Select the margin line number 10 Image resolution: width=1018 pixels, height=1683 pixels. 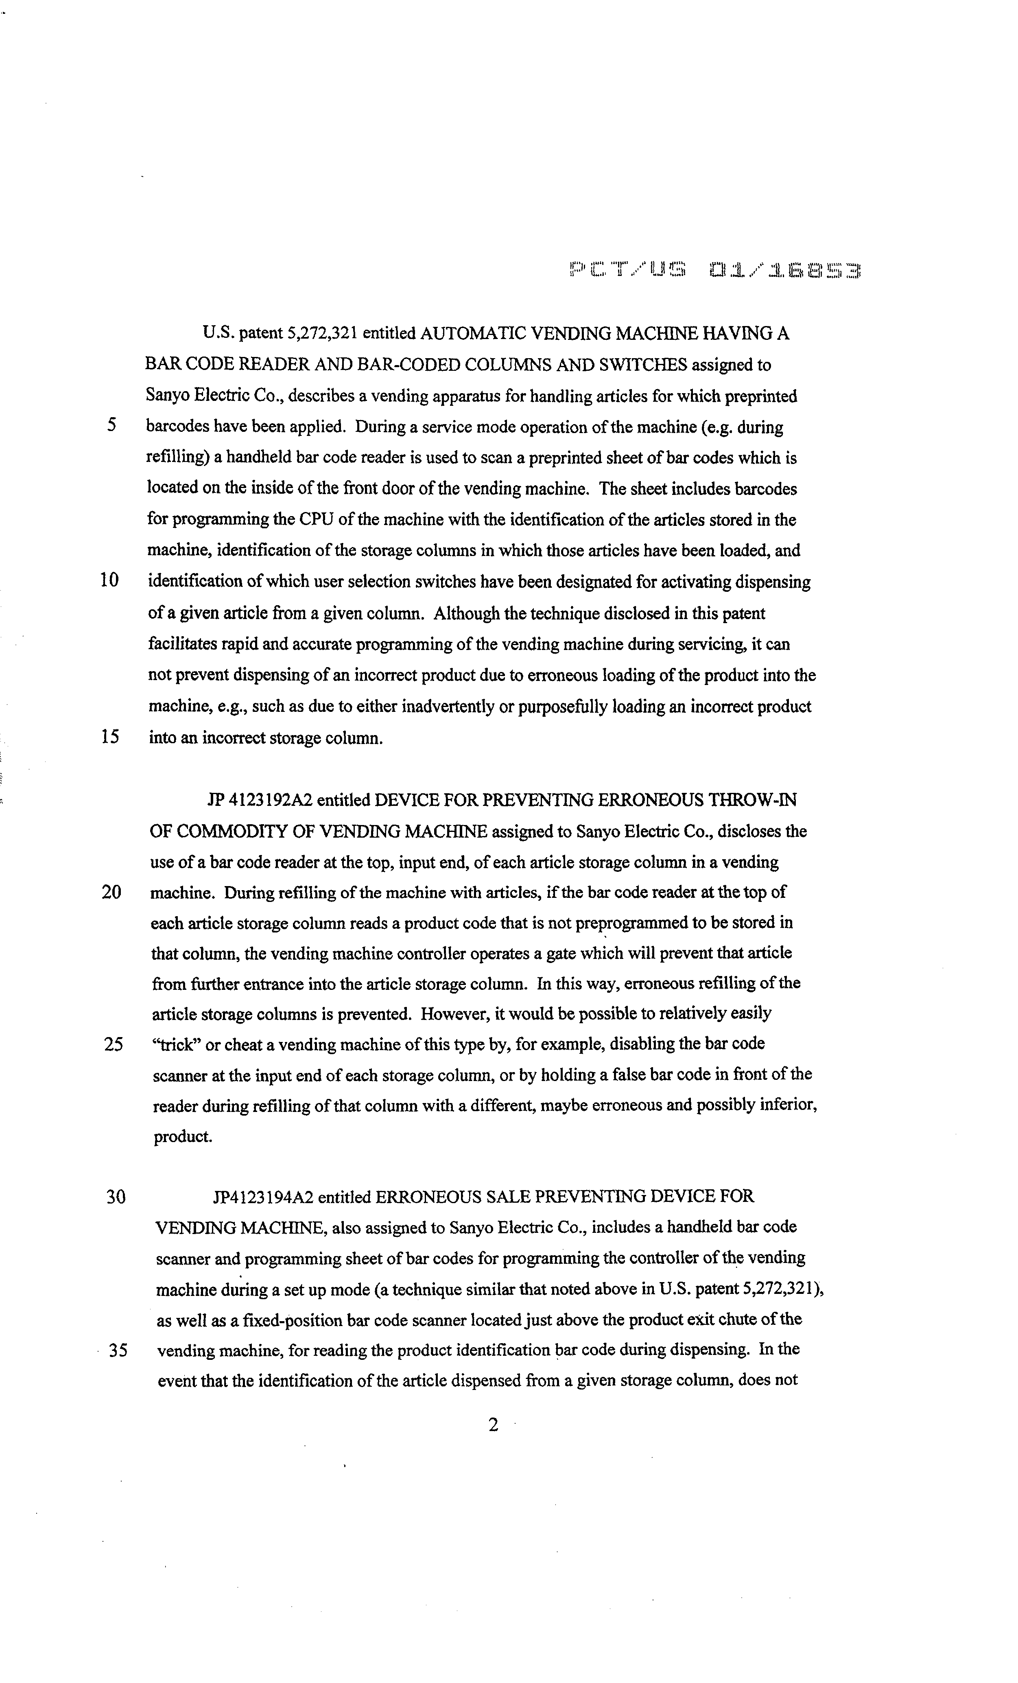[109, 580]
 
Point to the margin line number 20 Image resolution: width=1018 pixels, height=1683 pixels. [111, 892]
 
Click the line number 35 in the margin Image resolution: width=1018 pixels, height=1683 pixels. [118, 1350]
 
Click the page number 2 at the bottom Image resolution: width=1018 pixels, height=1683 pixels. [493, 1425]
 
